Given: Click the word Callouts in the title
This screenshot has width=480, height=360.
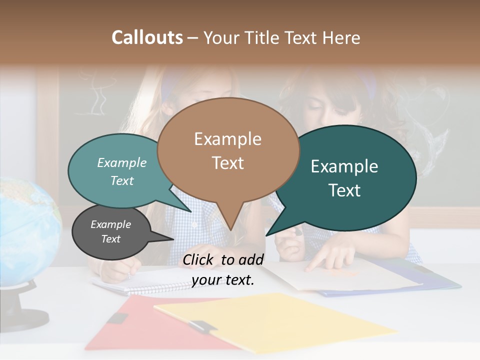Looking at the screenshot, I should click(x=147, y=37).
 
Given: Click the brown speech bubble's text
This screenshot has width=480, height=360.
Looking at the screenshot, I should click(x=228, y=150).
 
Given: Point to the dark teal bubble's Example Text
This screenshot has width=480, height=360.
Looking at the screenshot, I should click(x=344, y=178).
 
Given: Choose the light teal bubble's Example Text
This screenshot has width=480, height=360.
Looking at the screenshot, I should click(x=122, y=171).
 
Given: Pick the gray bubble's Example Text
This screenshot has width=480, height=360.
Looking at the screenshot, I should click(x=110, y=231).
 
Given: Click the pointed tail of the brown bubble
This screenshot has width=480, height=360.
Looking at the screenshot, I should click(x=230, y=227).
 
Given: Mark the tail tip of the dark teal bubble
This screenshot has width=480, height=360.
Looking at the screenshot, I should click(x=268, y=234).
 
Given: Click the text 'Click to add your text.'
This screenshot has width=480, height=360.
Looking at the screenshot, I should click(x=223, y=269).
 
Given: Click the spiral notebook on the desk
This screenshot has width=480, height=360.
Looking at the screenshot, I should click(x=145, y=282).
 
